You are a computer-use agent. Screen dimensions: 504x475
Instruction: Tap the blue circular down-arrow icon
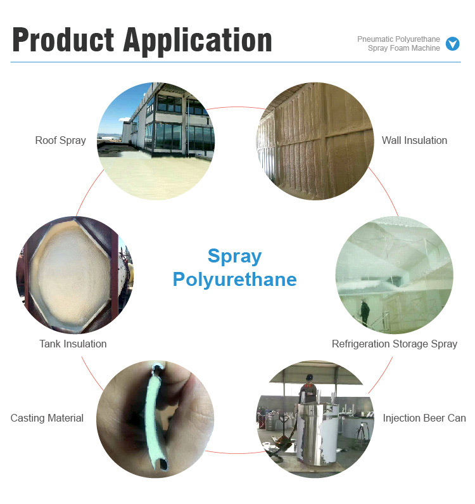tap(452, 44)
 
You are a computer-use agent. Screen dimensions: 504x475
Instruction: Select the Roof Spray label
tap(60, 140)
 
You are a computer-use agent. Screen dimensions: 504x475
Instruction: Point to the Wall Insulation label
tap(414, 140)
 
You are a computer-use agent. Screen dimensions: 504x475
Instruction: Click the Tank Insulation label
tap(73, 344)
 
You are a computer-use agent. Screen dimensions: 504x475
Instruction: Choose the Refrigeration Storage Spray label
tap(394, 344)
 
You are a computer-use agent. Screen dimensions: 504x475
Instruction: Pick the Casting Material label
tap(47, 418)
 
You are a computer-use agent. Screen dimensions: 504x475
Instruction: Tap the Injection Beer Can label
tap(424, 418)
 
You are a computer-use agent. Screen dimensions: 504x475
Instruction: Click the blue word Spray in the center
tap(234, 256)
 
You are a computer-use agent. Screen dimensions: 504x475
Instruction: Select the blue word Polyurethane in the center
tap(234, 279)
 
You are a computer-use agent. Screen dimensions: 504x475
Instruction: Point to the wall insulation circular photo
tap(315, 141)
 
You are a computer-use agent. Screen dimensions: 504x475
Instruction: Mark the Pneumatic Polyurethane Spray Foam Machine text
tap(398, 44)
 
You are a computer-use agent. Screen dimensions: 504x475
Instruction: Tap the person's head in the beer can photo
tap(308, 379)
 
